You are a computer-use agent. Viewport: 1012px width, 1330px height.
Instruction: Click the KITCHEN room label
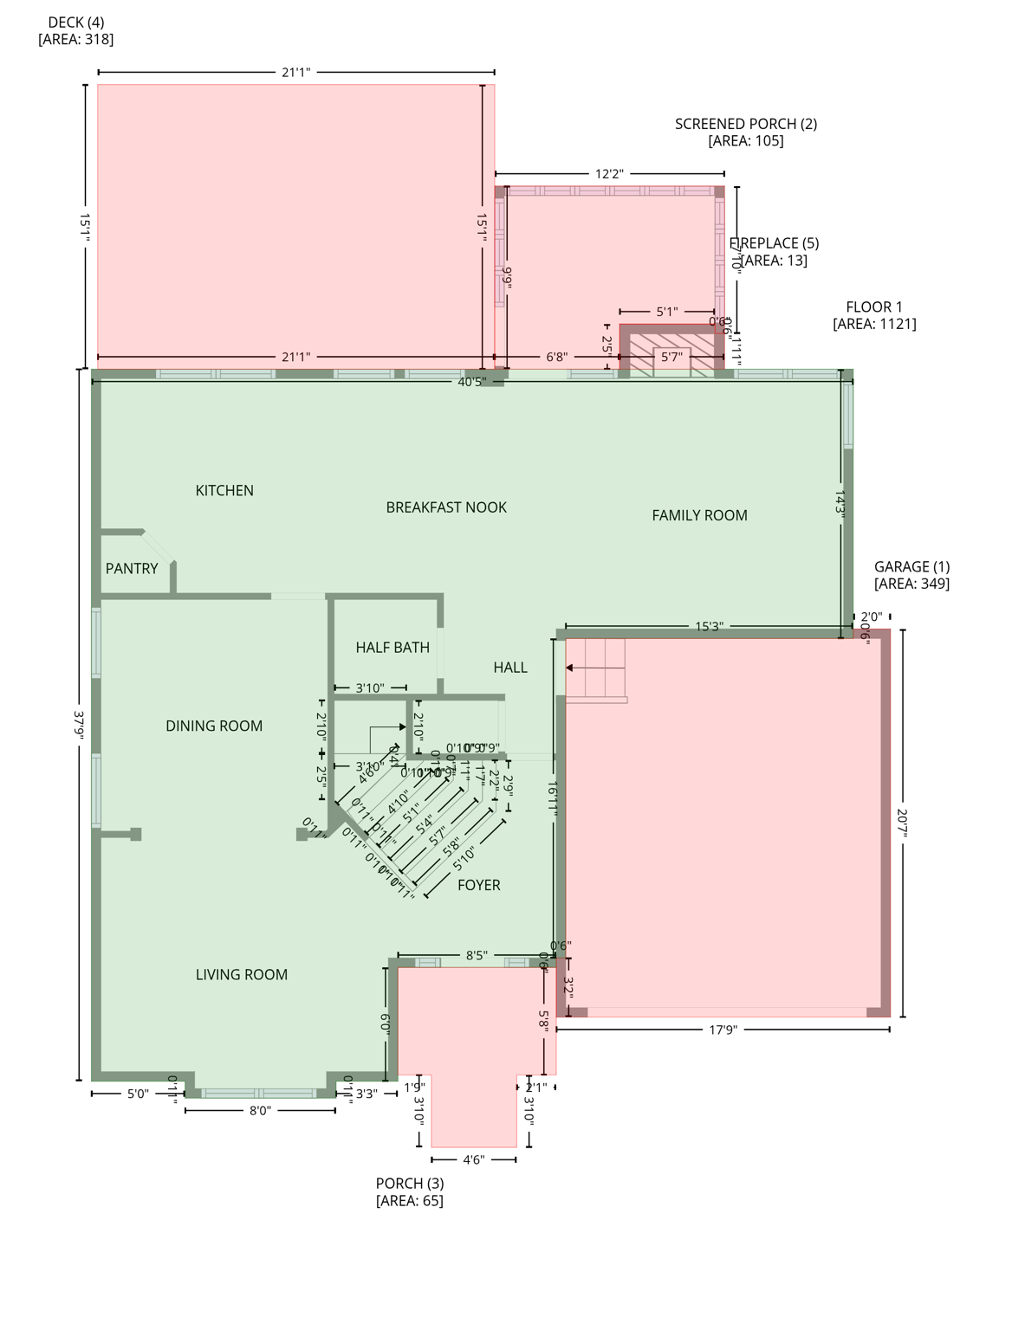pyautogui.click(x=224, y=490)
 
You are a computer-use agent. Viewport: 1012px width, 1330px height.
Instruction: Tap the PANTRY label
pyautogui.click(x=132, y=568)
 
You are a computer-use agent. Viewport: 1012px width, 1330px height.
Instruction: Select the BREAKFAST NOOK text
pyautogui.click(x=446, y=507)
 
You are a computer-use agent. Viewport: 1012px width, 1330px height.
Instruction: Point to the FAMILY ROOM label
pyautogui.click(x=699, y=515)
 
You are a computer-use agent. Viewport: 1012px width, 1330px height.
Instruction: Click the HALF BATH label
pyautogui.click(x=392, y=647)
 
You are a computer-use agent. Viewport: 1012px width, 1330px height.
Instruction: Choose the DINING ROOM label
pyautogui.click(x=214, y=726)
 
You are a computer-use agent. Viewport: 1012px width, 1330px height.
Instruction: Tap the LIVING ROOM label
pyautogui.click(x=242, y=974)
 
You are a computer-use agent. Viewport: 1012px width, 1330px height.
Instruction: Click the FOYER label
pyautogui.click(x=479, y=885)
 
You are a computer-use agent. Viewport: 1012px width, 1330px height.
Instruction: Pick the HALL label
pyautogui.click(x=510, y=667)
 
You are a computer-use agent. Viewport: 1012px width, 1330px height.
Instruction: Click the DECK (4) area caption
pyautogui.click(x=76, y=30)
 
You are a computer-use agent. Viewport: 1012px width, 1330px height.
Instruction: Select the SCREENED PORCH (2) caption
pyautogui.click(x=746, y=132)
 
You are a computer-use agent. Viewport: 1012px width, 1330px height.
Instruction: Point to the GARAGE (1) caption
pyautogui.click(x=911, y=575)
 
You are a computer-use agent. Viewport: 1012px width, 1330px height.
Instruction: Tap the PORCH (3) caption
pyautogui.click(x=410, y=1191)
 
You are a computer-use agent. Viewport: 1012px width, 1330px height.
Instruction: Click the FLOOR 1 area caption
pyautogui.click(x=874, y=315)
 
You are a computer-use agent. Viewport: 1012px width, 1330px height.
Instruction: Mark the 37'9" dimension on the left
pyautogui.click(x=80, y=724)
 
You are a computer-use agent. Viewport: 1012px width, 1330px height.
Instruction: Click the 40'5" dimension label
pyautogui.click(x=472, y=381)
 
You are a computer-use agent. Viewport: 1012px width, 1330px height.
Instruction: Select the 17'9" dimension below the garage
pyautogui.click(x=723, y=1030)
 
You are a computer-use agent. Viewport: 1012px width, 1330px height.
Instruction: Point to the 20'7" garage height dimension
pyautogui.click(x=902, y=823)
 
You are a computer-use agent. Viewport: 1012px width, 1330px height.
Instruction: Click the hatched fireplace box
pyautogui.click(x=671, y=354)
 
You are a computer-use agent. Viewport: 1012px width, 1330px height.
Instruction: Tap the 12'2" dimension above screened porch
pyautogui.click(x=609, y=174)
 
